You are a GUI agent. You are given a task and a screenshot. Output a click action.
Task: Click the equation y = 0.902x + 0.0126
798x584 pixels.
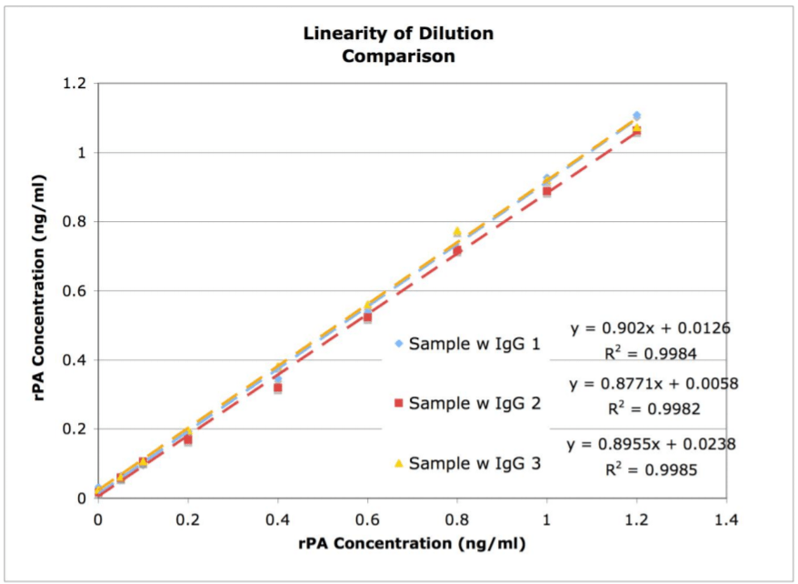pos(651,327)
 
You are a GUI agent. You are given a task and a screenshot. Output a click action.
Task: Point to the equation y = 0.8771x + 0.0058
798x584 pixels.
pos(653,384)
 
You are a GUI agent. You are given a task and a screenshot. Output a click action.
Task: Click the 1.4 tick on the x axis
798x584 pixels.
pos(726,519)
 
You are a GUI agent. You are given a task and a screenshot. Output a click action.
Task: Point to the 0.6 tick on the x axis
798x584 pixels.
pos(367,519)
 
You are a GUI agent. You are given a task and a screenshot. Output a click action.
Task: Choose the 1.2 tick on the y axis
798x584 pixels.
pos(75,84)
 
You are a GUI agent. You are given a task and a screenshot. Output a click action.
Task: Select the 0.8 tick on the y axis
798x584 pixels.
pos(75,222)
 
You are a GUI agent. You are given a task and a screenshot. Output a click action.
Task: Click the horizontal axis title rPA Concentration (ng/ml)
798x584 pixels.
pos(412,544)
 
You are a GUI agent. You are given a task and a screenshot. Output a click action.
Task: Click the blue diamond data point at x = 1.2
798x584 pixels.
pos(637,116)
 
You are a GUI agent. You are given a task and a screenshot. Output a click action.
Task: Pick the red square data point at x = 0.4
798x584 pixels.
pos(278,388)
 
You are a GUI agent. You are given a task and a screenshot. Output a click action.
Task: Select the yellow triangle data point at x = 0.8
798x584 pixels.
pos(457,232)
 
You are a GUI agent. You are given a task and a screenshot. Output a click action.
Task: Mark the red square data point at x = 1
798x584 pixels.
pos(547,191)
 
